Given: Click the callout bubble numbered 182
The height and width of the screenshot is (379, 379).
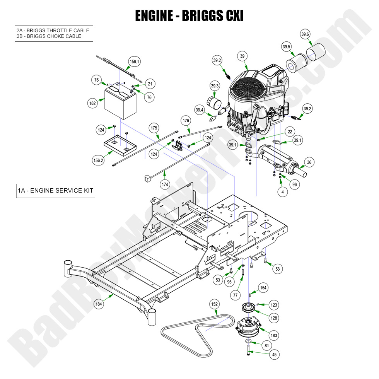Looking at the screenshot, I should (92, 103).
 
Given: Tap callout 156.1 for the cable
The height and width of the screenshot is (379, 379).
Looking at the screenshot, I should (134, 61).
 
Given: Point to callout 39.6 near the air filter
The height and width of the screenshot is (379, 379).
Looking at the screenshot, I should (305, 34).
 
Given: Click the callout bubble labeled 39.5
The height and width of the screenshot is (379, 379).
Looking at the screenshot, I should (286, 47).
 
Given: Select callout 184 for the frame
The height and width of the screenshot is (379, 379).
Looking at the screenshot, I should (99, 304).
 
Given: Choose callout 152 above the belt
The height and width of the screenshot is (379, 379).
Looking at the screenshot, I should (214, 304).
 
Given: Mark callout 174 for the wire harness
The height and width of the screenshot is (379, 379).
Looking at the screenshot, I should (166, 184).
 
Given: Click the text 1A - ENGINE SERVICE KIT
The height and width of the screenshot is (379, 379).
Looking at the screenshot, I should (55, 190).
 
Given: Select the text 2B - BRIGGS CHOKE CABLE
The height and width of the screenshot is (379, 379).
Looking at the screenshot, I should (49, 36).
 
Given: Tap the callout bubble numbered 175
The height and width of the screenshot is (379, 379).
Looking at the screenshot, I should (154, 128).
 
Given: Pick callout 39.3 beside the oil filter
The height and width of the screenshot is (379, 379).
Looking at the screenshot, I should (215, 86).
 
